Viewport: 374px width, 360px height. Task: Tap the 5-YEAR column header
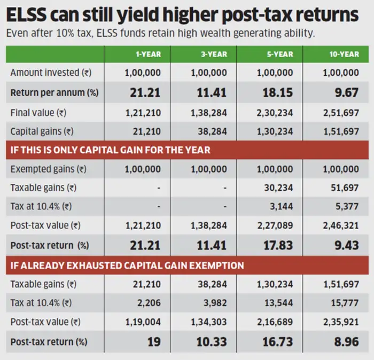click(x=280, y=54)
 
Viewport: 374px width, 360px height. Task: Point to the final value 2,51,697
click(x=341, y=113)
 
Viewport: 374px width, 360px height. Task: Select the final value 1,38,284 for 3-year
click(x=208, y=113)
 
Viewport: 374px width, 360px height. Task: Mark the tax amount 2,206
click(x=149, y=303)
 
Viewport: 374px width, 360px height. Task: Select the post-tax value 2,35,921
click(x=341, y=322)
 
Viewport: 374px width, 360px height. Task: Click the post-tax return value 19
click(x=154, y=341)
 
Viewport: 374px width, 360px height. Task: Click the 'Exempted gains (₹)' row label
click(x=48, y=169)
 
